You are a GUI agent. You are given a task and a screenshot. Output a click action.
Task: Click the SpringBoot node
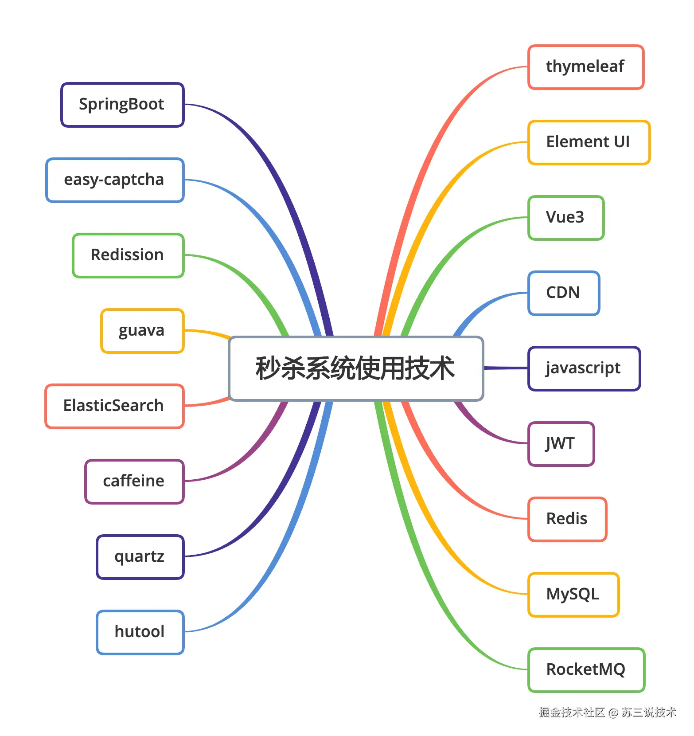(x=122, y=105)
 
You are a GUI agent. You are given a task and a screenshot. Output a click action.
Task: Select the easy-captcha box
(x=115, y=180)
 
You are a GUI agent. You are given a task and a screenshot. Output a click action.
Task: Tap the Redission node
(x=128, y=255)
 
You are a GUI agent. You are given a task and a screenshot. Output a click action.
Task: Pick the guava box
(x=142, y=331)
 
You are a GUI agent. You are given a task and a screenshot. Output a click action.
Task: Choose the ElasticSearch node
(x=114, y=406)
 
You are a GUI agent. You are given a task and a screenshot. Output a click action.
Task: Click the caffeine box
(x=134, y=482)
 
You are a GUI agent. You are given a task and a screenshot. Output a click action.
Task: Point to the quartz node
(x=140, y=557)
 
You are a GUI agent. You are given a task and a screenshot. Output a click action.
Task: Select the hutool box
(x=140, y=632)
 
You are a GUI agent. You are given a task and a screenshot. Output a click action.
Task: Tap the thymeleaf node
(x=585, y=67)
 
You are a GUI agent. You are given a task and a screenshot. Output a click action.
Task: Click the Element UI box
(x=589, y=142)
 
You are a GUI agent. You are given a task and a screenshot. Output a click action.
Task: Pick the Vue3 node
(x=566, y=218)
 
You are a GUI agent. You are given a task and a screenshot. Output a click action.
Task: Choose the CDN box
(x=564, y=293)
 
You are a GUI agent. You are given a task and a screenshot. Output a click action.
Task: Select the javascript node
(x=584, y=368)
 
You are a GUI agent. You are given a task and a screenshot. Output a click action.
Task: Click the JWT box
(x=561, y=444)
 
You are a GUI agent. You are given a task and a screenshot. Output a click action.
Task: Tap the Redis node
(x=567, y=519)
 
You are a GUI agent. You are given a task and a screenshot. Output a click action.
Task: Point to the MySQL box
(x=573, y=595)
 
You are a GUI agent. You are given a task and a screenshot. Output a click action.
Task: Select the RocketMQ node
(x=586, y=670)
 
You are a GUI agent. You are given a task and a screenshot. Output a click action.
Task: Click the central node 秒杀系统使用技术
(x=355, y=368)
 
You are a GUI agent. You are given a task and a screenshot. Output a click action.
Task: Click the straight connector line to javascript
(x=506, y=368)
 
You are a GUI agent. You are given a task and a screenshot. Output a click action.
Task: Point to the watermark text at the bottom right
(x=607, y=713)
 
